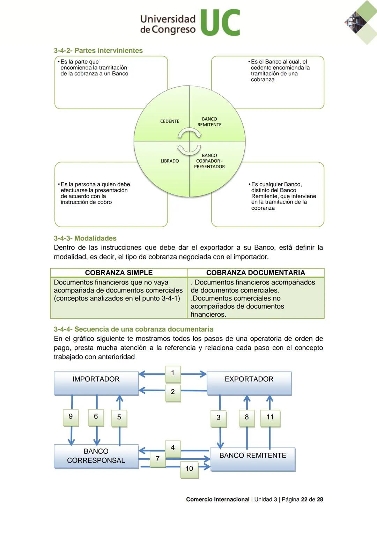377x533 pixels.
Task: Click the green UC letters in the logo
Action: pyautogui.click(x=220, y=23)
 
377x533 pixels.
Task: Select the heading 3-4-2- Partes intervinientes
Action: pyautogui.click(x=98, y=51)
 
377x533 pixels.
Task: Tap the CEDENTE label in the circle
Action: pyautogui.click(x=170, y=121)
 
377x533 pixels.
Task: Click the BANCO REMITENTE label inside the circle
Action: pyautogui.click(x=209, y=122)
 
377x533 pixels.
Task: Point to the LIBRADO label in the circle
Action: pyautogui.click(x=170, y=161)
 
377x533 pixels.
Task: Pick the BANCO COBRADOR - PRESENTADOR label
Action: pyautogui.click(x=209, y=161)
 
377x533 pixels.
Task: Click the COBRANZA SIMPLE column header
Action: pyautogui.click(x=119, y=273)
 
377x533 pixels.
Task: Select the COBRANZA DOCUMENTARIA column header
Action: pyautogui.click(x=256, y=273)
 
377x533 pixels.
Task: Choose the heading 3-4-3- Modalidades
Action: pyautogui.click(x=85, y=238)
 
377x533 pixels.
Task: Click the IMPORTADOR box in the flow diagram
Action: pyautogui.click(x=96, y=383)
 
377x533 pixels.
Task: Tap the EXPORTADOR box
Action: pyautogui.click(x=249, y=383)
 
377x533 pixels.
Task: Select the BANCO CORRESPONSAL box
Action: pyautogui.click(x=96, y=456)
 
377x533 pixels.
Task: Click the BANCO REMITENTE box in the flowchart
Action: pyautogui.click(x=253, y=459)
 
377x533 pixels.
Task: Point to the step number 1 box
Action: pyautogui.click(x=173, y=373)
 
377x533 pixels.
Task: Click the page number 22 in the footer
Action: pyautogui.click(x=304, y=499)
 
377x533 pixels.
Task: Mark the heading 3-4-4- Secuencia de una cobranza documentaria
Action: pyautogui.click(x=133, y=329)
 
